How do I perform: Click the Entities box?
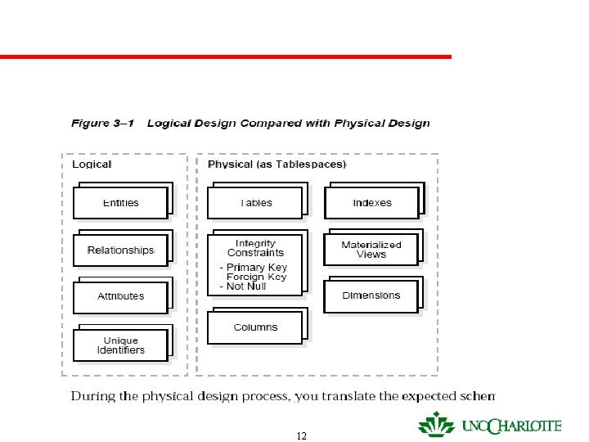[x=120, y=203]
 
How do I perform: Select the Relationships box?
[x=120, y=250]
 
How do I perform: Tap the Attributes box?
[x=120, y=296]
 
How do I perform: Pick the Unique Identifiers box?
[x=120, y=345]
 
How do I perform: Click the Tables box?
[x=255, y=203]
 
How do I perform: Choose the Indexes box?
[x=372, y=203]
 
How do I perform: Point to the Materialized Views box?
[x=371, y=250]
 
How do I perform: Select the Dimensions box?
[x=371, y=295]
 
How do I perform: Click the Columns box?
[x=255, y=327]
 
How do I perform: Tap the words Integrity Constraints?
[x=255, y=248]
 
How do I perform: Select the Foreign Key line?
[x=257, y=277]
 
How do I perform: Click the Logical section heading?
[x=92, y=165]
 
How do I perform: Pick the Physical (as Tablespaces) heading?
[x=277, y=165]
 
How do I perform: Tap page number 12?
[x=302, y=436]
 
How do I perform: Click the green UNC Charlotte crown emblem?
[x=436, y=424]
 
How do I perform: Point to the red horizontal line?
[x=225, y=56]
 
